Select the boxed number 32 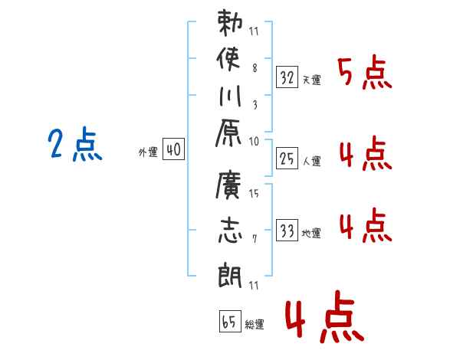coord(287,77)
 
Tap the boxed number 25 coord(287,159)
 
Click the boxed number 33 coord(287,231)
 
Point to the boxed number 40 coord(173,151)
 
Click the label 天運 coord(311,79)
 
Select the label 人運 coord(311,161)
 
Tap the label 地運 coord(311,233)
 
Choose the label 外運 coord(148,153)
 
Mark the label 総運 coord(255,324)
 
